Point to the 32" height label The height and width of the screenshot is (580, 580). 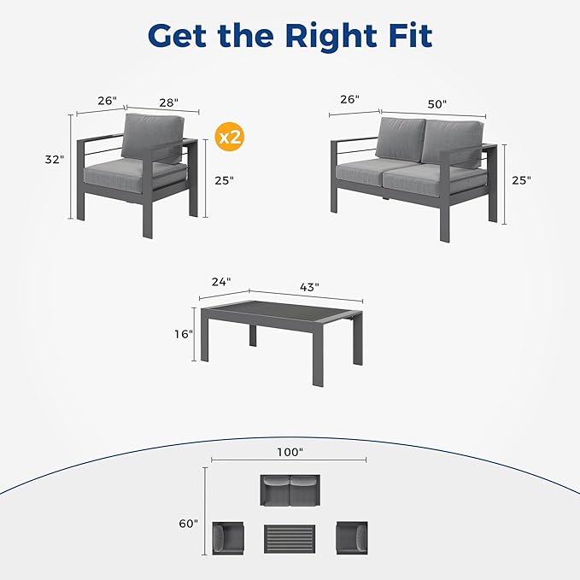point(55,160)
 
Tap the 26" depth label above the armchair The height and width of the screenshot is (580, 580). point(107,101)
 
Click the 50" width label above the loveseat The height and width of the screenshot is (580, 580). point(437,103)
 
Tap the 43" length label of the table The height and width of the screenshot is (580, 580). point(309,287)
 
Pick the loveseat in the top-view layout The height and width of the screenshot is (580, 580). point(290,493)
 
